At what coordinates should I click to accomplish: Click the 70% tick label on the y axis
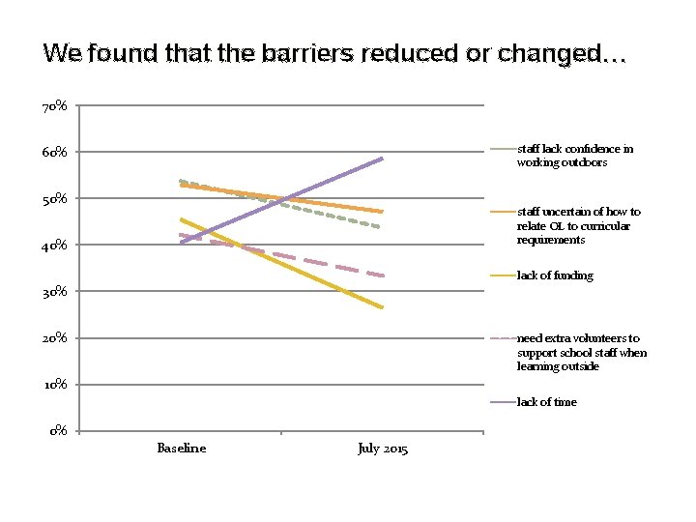[x=54, y=105]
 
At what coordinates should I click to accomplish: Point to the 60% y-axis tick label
[x=54, y=152]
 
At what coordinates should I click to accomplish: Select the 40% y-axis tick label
[x=54, y=245]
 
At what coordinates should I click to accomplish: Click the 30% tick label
[x=54, y=291]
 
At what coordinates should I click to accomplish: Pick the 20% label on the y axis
[x=54, y=337]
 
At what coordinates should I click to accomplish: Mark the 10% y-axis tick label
[x=54, y=384]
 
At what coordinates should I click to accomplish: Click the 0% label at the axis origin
[x=58, y=430]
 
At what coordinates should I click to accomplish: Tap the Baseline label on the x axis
[x=181, y=448]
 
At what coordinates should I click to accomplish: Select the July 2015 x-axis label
[x=383, y=449]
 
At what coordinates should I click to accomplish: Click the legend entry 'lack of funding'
[x=555, y=275]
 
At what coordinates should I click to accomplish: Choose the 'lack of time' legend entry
[x=546, y=402]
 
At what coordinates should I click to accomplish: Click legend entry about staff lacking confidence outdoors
[x=574, y=156]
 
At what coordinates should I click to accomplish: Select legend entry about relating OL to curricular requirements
[x=578, y=225]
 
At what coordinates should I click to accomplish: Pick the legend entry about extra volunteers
[x=581, y=352]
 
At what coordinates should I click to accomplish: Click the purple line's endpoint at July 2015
[x=383, y=158]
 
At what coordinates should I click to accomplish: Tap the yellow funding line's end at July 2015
[x=383, y=307]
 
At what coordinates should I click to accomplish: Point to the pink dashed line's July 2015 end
[x=383, y=275]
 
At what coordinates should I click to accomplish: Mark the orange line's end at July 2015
[x=383, y=211]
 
